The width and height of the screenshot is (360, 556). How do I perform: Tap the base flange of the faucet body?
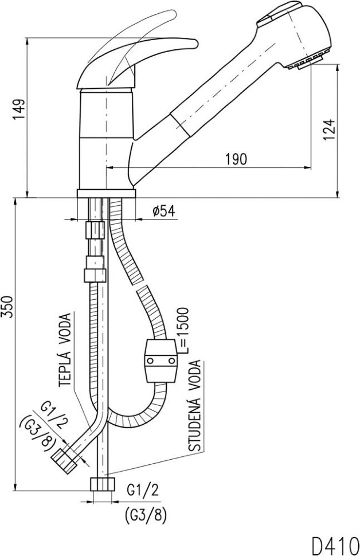tap(105, 193)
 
